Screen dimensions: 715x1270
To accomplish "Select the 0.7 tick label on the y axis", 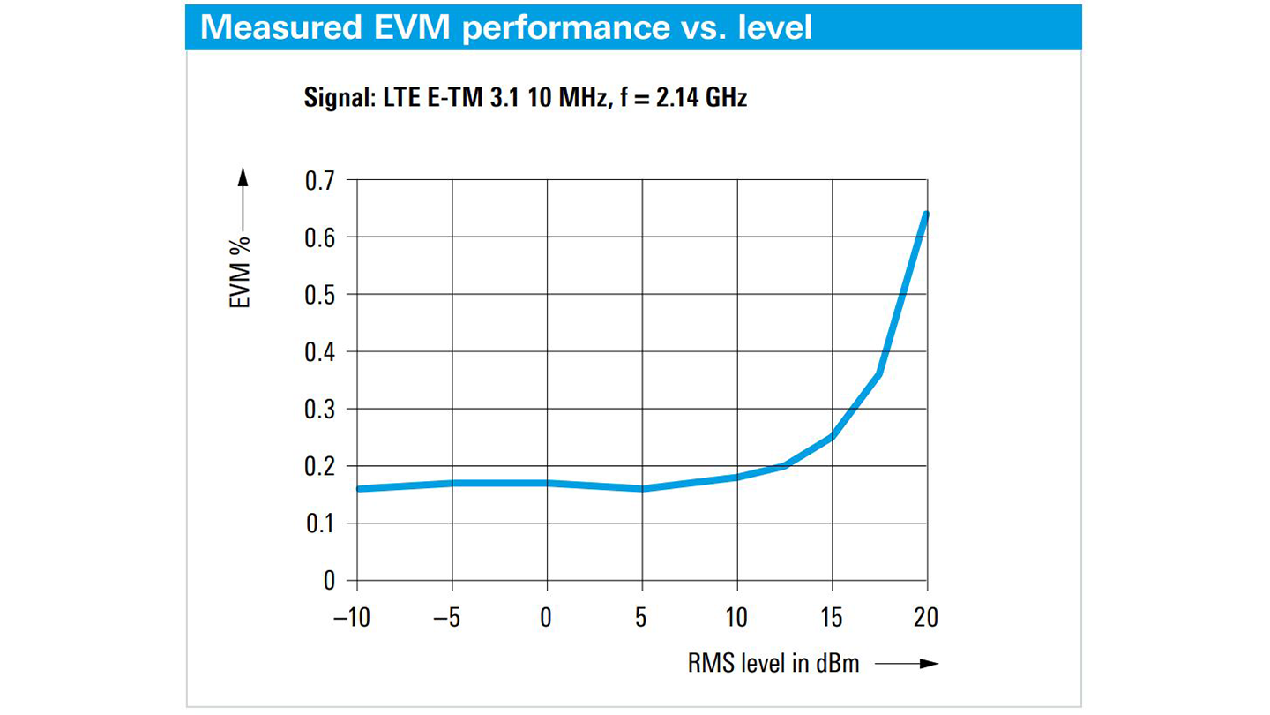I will (x=320, y=180).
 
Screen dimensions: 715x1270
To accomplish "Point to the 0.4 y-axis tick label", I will (x=320, y=351).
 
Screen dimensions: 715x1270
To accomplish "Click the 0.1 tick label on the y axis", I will (x=320, y=523).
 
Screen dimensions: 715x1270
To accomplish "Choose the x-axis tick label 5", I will (x=641, y=618).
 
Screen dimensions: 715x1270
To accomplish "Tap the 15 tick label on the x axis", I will (x=831, y=618).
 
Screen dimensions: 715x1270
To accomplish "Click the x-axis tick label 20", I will (x=926, y=618).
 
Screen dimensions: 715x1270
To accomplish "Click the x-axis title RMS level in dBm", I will (x=773, y=663).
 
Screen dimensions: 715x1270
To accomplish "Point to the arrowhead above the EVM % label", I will (x=243, y=179).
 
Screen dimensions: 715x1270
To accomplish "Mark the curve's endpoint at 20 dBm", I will (x=926, y=214).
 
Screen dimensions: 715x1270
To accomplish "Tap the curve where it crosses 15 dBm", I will (x=832, y=437).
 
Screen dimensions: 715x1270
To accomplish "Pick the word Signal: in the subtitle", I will (x=340, y=97).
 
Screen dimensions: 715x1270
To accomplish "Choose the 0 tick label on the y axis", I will (x=328, y=581).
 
